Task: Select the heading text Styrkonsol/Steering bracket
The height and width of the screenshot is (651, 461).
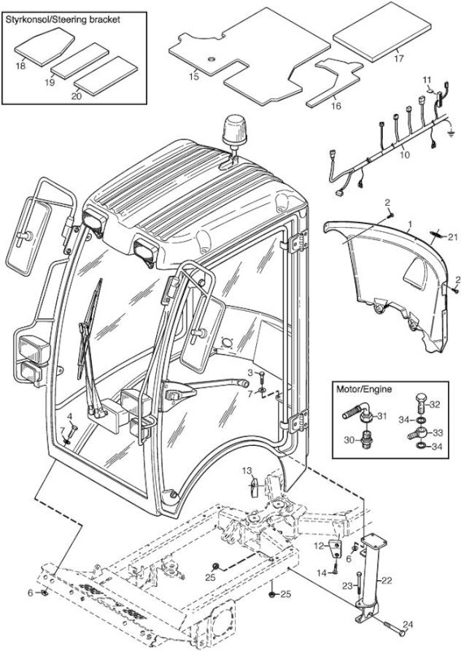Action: [x=63, y=19]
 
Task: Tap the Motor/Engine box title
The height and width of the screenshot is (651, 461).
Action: [x=363, y=390]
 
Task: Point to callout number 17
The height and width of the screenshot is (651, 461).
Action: [x=398, y=58]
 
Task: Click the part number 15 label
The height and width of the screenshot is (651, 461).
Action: [x=194, y=76]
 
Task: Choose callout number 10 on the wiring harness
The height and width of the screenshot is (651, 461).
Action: [x=405, y=155]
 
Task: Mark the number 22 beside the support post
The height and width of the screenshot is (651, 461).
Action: [x=386, y=580]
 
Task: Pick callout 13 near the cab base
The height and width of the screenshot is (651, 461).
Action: [x=247, y=470]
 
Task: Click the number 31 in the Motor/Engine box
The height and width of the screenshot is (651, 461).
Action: [x=382, y=416]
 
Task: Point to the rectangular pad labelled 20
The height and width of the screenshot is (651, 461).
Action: [x=106, y=75]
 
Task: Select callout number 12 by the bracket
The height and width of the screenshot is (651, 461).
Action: [x=319, y=546]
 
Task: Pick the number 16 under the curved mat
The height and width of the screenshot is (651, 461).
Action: [x=336, y=106]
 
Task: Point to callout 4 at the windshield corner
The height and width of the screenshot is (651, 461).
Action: [x=69, y=416]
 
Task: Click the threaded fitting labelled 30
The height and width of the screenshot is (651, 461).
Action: [x=365, y=439]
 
